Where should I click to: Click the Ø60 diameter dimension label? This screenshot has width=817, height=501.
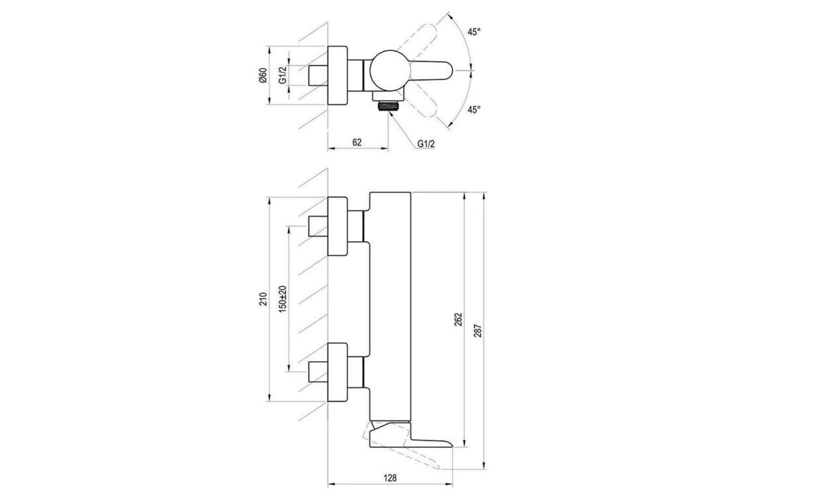point(263,76)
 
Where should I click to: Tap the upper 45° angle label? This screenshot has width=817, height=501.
point(474,32)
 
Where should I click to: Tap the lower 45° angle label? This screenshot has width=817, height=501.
point(474,109)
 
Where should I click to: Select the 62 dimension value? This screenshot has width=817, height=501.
point(357,142)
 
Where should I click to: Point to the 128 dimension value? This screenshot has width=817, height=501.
point(390,477)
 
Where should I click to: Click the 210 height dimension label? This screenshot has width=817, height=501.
point(263,300)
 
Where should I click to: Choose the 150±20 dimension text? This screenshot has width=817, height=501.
point(283,299)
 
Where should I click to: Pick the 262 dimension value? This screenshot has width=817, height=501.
point(458,320)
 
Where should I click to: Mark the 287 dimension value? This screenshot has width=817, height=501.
point(477,331)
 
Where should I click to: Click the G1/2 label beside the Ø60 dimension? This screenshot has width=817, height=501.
point(283,76)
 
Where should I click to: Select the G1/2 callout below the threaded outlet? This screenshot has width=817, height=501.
point(426,144)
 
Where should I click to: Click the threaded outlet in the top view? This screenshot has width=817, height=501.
point(388,106)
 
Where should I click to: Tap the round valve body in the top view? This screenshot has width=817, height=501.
point(386,71)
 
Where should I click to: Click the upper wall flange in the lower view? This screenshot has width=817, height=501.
point(338,226)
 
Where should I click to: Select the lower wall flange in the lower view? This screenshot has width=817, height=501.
point(338,372)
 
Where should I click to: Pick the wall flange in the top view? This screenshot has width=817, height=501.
point(338,76)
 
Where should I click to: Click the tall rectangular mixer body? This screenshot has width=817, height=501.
point(390,306)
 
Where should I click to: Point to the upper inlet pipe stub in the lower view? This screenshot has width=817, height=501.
point(318,226)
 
